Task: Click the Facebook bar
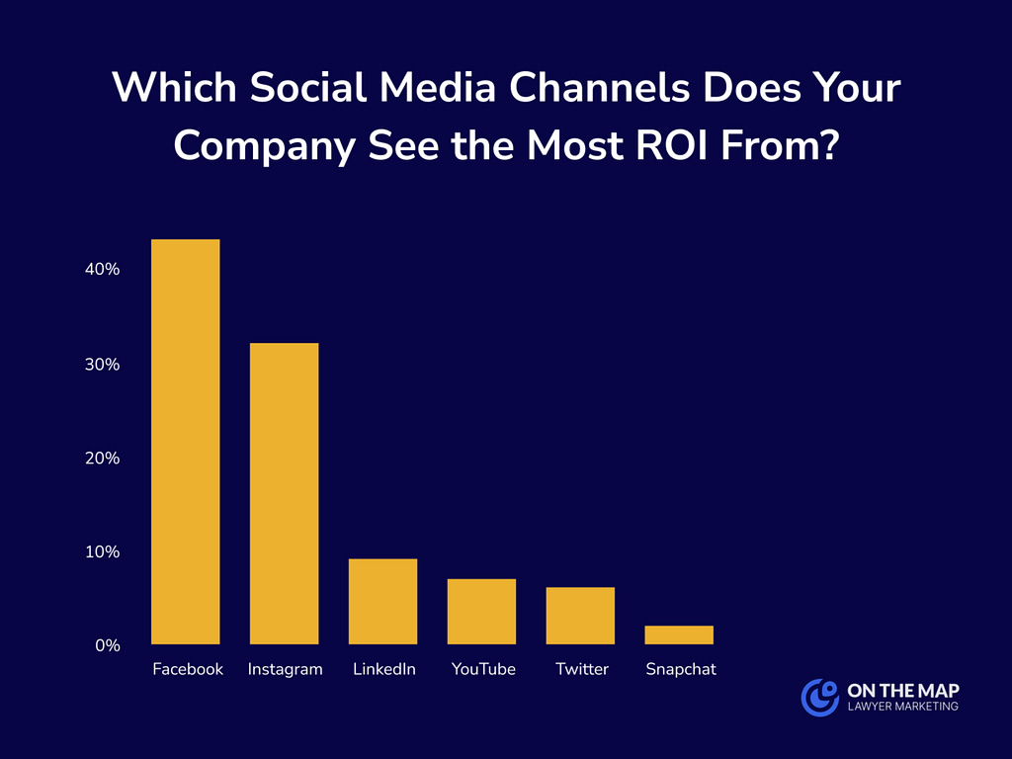[186, 442]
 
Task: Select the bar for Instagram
[285, 493]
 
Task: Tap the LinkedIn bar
[383, 601]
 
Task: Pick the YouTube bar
[482, 611]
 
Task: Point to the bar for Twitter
[581, 615]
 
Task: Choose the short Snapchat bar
[680, 634]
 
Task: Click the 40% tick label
[103, 269]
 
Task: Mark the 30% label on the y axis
[103, 364]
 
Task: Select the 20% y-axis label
[103, 458]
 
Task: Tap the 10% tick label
[103, 551]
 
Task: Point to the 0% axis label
[108, 645]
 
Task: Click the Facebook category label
[188, 669]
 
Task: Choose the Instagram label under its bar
[285, 669]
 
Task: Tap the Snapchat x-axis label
[681, 669]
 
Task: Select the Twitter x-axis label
[582, 669]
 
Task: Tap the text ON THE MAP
[902, 689]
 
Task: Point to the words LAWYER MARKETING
[902, 707]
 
